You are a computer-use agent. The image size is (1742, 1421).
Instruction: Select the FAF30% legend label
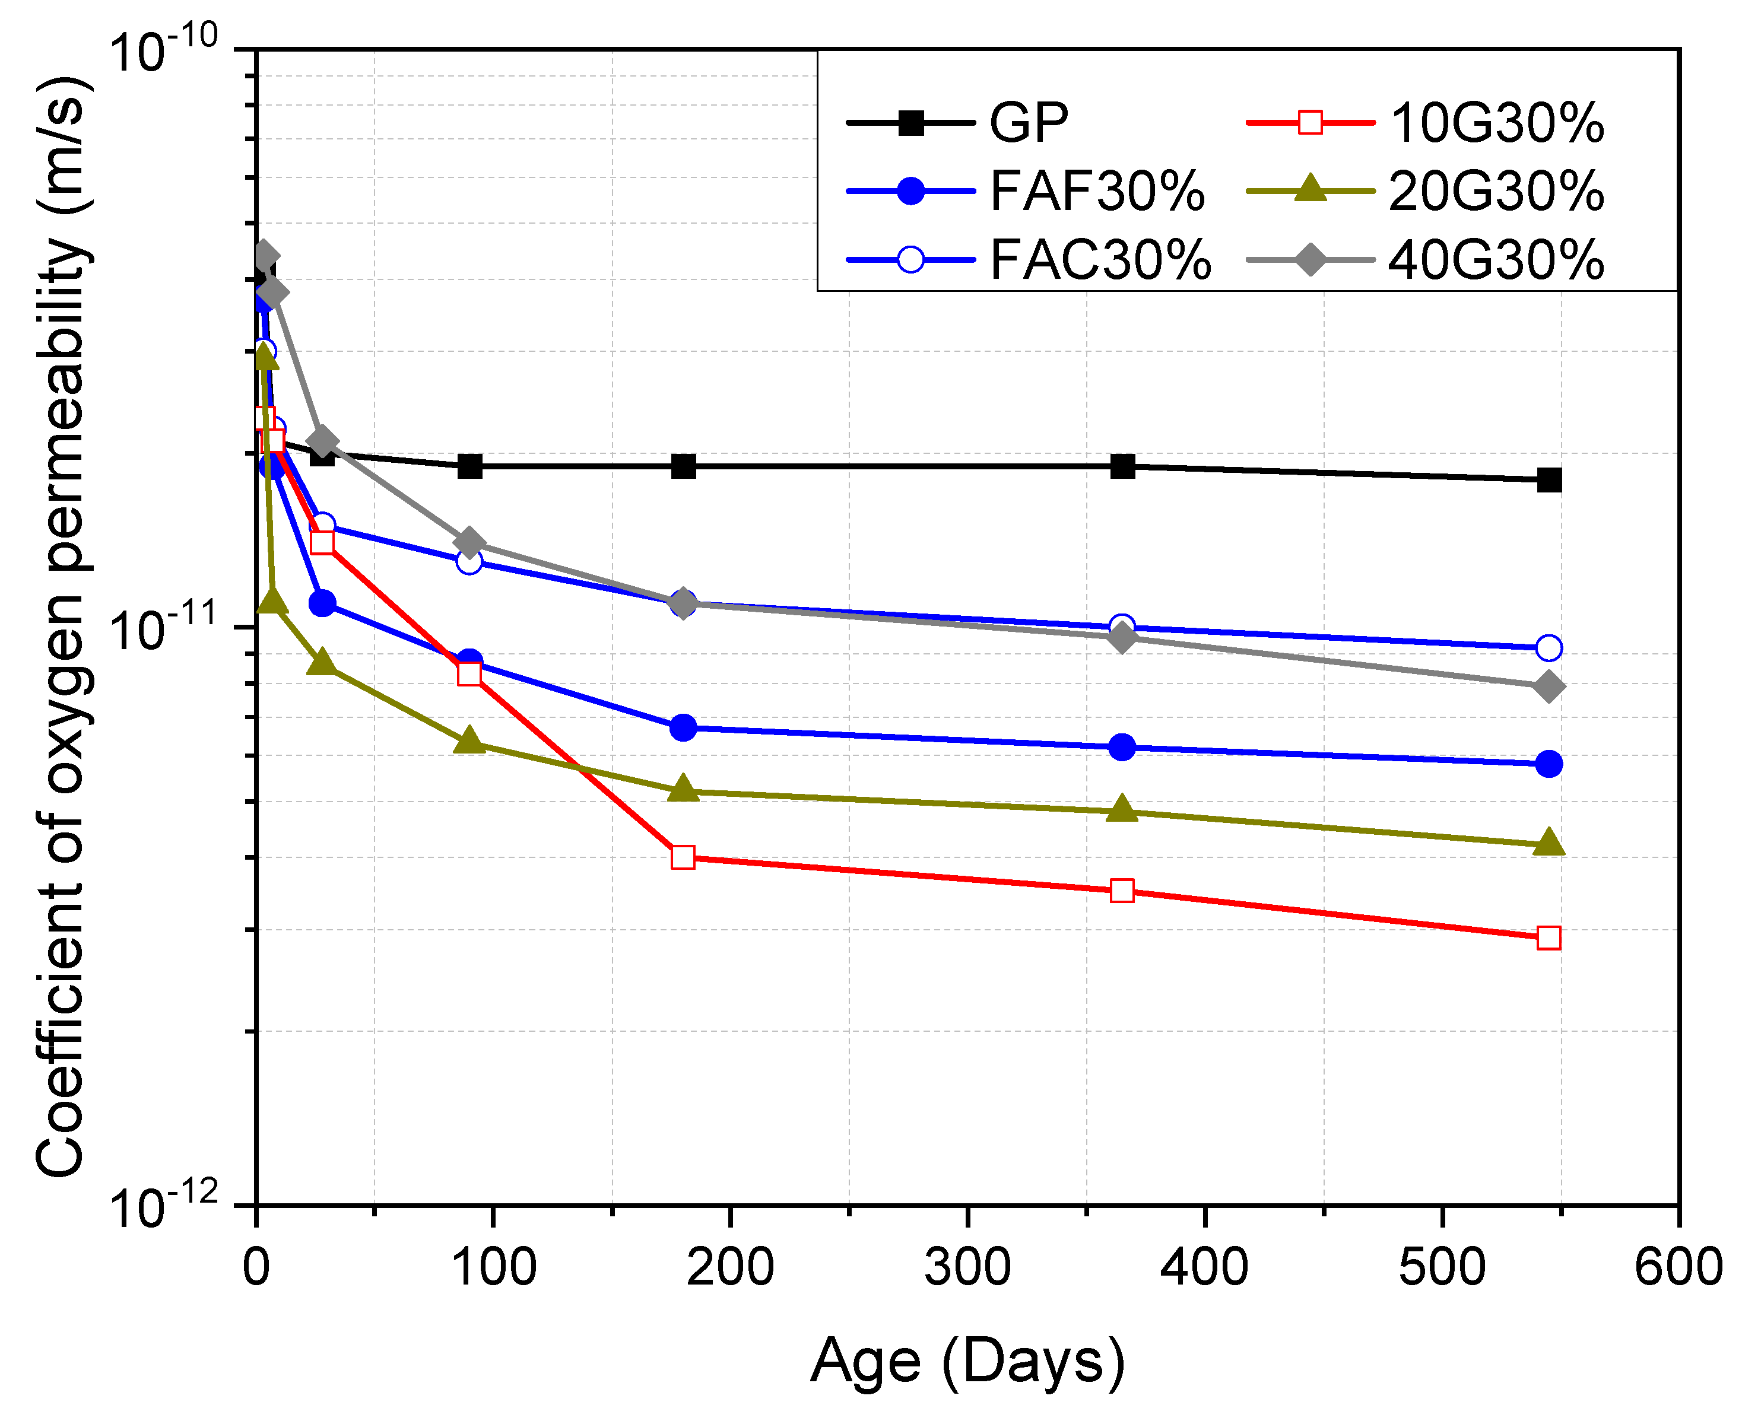pyautogui.click(x=1096, y=192)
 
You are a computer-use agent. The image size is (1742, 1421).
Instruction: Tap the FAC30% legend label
pyautogui.click(x=1099, y=261)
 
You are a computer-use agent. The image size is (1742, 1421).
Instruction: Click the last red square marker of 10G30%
pyautogui.click(x=1548, y=938)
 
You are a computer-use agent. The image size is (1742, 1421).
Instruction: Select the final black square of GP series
pyautogui.click(x=1548, y=481)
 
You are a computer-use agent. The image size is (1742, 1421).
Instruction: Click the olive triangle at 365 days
pyautogui.click(x=1122, y=809)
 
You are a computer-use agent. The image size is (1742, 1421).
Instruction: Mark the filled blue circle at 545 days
pyautogui.click(x=1548, y=764)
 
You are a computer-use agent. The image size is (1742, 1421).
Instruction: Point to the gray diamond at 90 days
pyautogui.click(x=469, y=542)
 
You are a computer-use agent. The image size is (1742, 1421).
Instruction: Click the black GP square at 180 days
pyautogui.click(x=683, y=466)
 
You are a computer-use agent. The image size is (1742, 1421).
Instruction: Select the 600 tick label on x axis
pyautogui.click(x=1677, y=1268)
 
